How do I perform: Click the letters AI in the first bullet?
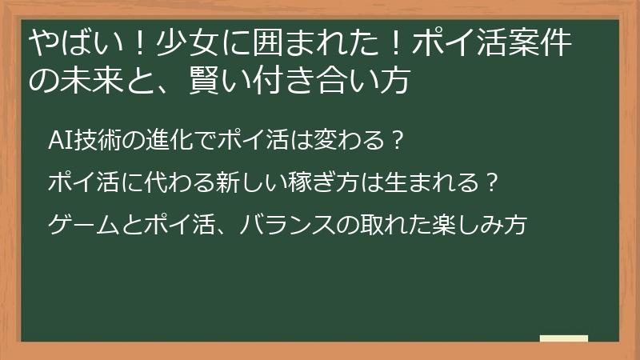tap(58, 142)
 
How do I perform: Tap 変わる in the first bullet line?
tap(345, 142)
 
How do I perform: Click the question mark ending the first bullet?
tap(394, 142)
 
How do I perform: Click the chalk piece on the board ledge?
tap(564, 338)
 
